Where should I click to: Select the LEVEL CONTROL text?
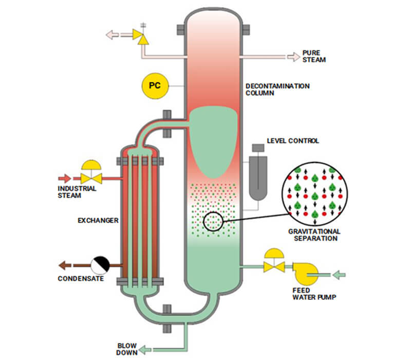[293, 140]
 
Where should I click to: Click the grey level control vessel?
[257, 175]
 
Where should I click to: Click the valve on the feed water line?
[273, 266]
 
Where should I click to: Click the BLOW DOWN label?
[127, 349]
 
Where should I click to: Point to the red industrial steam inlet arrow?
[65, 178]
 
